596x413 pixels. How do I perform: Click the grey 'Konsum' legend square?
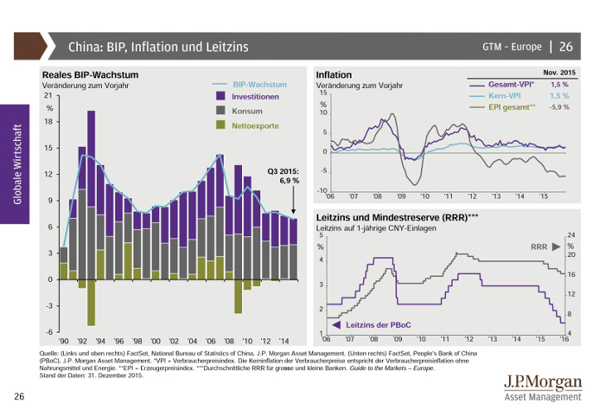click(x=220, y=110)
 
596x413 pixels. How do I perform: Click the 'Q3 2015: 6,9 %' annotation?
click(x=283, y=176)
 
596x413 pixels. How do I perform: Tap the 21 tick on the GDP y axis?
click(x=49, y=96)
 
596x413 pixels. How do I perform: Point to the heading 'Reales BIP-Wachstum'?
click(x=90, y=75)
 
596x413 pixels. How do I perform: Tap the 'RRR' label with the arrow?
click(x=540, y=246)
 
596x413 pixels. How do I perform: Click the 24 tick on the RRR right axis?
click(x=570, y=236)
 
